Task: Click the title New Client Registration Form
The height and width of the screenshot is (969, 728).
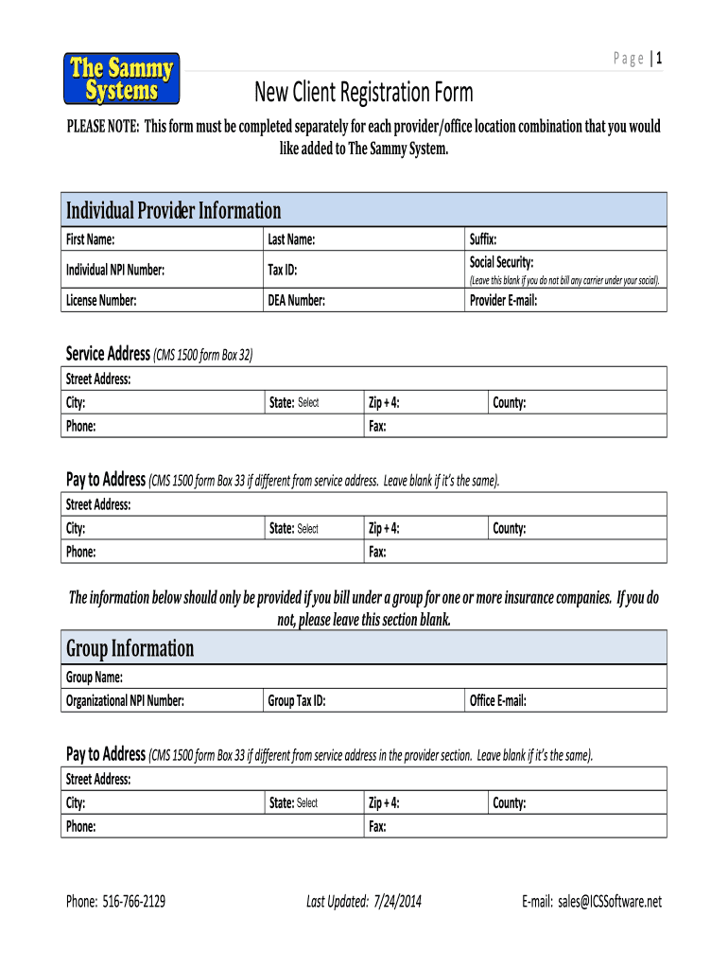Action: click(363, 93)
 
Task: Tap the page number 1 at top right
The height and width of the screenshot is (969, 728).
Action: click(658, 59)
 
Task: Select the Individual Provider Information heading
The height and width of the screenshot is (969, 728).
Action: click(173, 210)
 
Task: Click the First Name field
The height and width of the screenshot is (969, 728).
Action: click(189, 240)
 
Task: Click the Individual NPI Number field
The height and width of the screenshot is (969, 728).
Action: click(213, 271)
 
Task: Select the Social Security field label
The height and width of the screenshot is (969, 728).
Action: click(502, 262)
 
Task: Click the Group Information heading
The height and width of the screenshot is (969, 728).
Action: click(130, 648)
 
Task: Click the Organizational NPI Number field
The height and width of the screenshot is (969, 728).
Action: click(222, 701)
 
